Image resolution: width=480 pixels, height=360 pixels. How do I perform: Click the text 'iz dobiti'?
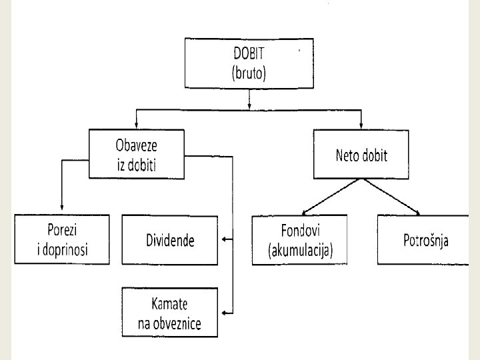pos(137,163)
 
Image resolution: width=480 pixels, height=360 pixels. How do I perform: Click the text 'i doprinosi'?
pos(62,250)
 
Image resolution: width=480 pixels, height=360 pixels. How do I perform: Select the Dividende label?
pos(170,241)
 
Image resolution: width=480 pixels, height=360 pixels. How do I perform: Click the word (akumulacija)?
pos(300,251)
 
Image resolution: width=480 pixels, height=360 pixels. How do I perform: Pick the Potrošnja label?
pos(425,241)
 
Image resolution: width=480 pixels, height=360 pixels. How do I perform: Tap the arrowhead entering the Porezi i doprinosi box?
pos(61,210)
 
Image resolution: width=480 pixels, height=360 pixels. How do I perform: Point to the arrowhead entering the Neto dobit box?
pos(361,125)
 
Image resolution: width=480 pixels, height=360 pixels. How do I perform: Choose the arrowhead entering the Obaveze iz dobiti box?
pos(136,125)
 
